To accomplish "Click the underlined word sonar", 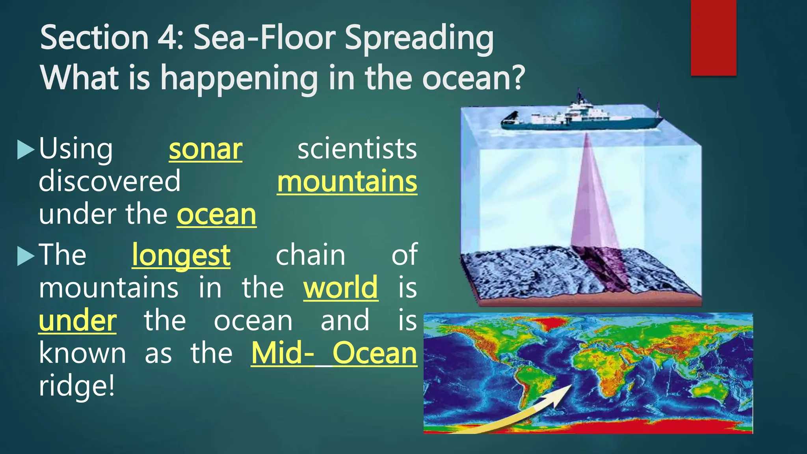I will [205, 149].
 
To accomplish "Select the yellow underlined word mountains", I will [347, 182].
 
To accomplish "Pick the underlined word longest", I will [181, 255].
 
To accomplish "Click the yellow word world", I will [340, 288].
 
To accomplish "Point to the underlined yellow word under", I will [78, 321].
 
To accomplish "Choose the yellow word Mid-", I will [283, 353].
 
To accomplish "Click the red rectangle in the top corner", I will [713, 37].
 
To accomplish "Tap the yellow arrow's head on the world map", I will [562, 394].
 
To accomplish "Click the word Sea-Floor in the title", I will [264, 38].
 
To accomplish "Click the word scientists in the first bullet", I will [357, 149].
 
